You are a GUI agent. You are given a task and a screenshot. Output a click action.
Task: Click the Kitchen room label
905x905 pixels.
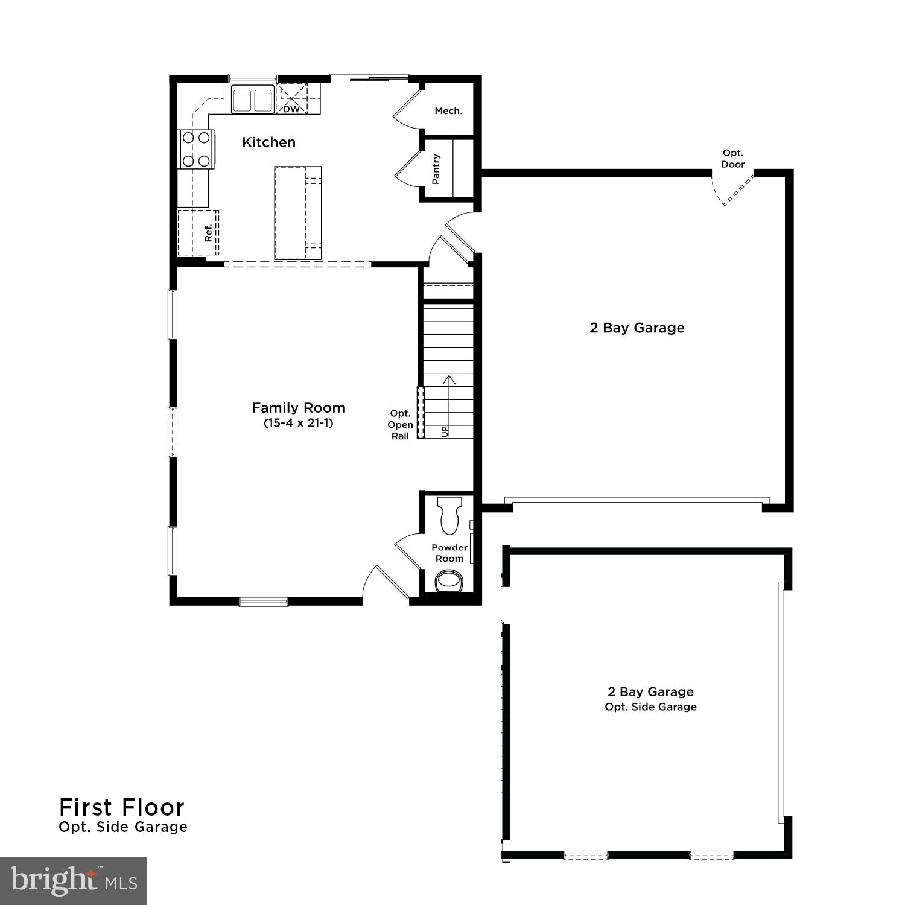[x=268, y=142]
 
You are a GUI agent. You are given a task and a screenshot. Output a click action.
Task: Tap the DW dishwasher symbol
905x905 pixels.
[x=291, y=100]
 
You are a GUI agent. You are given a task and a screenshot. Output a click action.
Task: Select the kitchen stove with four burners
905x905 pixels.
[x=196, y=149]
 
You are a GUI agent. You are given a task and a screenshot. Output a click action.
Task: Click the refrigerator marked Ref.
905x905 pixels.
[x=198, y=233]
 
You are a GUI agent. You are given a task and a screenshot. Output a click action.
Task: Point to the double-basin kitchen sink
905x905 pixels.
[x=252, y=100]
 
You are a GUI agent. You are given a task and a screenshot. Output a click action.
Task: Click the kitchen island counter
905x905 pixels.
[x=298, y=213]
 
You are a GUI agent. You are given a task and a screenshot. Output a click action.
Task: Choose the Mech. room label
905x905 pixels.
[x=448, y=111]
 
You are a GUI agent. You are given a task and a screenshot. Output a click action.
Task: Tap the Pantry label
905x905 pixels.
[x=436, y=169]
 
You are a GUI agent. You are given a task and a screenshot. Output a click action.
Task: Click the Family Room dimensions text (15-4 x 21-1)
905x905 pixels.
[x=298, y=423]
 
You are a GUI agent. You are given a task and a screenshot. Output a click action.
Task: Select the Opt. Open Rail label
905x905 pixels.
[x=400, y=425]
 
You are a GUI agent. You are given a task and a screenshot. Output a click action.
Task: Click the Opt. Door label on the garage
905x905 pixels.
[x=733, y=159]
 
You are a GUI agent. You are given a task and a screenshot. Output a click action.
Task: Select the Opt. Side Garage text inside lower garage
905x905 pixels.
[x=650, y=707]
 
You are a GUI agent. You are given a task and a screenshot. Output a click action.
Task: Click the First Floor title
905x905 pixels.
[x=122, y=807]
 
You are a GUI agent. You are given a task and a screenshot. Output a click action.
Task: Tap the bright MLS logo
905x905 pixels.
[x=74, y=881]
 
